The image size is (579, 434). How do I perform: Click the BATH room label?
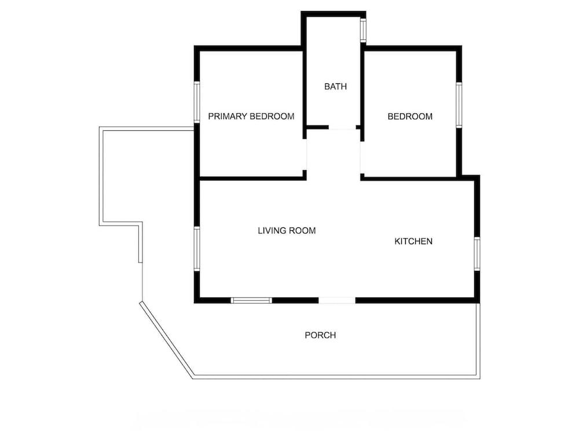[335, 86]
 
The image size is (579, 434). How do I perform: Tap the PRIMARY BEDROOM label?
[251, 116]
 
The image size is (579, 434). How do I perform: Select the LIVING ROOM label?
[287, 231]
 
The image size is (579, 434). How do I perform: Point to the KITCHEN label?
[413, 241]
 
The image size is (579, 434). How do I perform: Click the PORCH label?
[320, 335]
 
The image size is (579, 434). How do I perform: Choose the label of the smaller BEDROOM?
[410, 117]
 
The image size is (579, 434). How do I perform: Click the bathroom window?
[364, 30]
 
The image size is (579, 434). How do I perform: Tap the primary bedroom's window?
[197, 102]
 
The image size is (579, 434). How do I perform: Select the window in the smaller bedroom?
[459, 105]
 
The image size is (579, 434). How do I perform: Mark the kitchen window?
[477, 253]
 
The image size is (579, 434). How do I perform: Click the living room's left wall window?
[197, 249]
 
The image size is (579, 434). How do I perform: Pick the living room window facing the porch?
[251, 300]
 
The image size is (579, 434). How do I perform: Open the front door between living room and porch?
[337, 300]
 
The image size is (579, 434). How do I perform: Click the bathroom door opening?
[342, 127]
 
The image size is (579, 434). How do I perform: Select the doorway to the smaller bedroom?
[362, 157]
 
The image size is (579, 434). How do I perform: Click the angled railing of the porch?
[167, 340]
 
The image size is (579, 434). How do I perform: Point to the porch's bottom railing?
[336, 377]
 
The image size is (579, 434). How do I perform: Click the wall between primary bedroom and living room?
[253, 179]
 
